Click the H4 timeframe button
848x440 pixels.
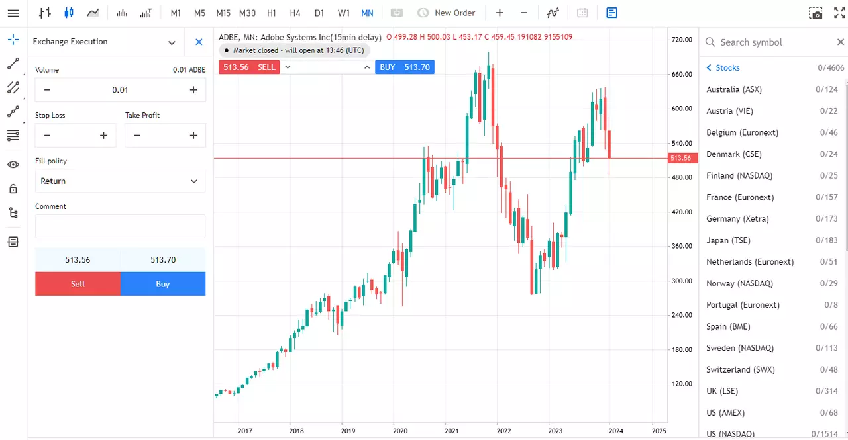coord(295,13)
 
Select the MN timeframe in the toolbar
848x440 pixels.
coord(367,13)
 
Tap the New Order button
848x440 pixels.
coord(446,13)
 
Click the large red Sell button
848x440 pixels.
coord(78,283)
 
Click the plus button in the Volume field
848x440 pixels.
coord(193,90)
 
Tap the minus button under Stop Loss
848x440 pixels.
coord(47,136)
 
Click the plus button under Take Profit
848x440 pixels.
coord(193,136)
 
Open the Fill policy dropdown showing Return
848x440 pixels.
coord(120,181)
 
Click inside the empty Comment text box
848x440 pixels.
coord(120,226)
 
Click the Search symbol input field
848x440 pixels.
coord(772,42)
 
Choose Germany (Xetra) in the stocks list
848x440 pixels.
coord(737,218)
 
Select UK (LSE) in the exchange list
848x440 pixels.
coord(722,391)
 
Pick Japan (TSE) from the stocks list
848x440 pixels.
coord(728,240)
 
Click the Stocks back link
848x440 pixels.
coord(723,67)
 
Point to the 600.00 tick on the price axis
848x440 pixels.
coord(682,109)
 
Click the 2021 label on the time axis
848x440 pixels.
coord(451,431)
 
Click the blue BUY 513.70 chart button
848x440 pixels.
coord(405,67)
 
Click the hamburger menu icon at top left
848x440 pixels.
coord(13,13)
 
